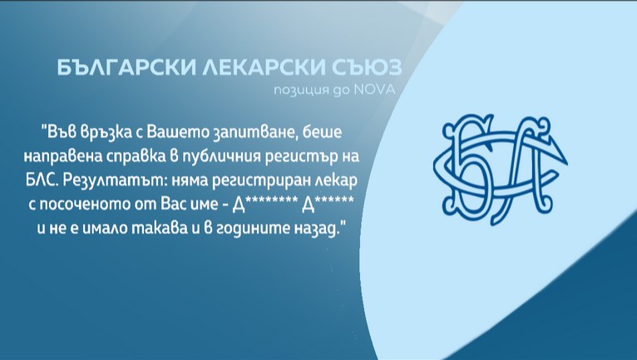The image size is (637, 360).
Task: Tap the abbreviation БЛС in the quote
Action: tap(56, 180)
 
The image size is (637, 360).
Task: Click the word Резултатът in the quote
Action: tap(123, 180)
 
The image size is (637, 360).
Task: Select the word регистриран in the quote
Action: tap(257, 180)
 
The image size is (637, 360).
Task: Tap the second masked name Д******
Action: tap(327, 205)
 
